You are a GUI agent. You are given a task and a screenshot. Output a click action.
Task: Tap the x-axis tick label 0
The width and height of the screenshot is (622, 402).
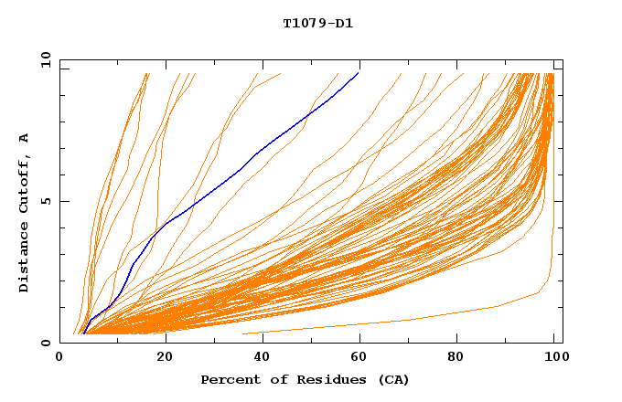pos(59,357)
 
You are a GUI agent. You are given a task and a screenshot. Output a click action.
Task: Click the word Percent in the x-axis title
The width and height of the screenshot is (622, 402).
pos(230,379)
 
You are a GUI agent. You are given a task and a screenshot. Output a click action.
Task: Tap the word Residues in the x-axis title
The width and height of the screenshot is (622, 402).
pos(322,379)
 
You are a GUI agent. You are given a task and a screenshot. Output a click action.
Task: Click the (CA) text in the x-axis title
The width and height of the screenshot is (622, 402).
pos(391,379)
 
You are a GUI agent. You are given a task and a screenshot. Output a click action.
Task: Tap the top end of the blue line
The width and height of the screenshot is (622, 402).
pos(359,73)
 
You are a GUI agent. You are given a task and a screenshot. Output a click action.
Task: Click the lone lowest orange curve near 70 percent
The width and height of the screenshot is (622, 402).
pos(412,320)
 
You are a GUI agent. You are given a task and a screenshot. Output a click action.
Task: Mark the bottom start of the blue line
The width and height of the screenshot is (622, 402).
pos(83,333)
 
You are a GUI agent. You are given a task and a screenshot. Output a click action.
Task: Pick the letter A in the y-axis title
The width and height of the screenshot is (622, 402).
pos(25,138)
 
